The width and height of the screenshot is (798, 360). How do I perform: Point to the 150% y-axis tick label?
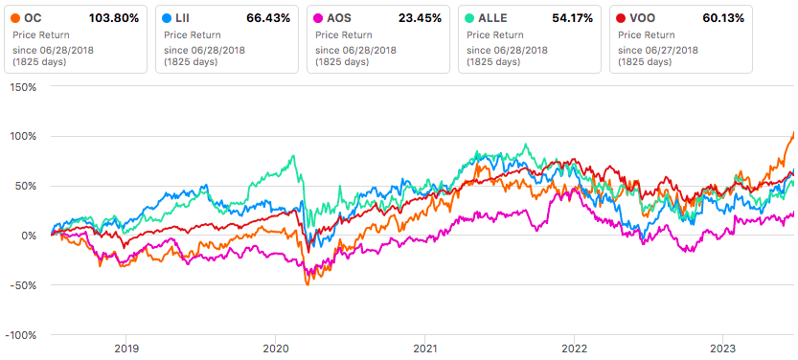click(22, 86)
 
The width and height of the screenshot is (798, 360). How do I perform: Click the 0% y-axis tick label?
click(28, 236)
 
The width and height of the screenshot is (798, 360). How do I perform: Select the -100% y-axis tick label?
click(20, 335)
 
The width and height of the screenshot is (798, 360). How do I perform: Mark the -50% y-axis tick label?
click(23, 285)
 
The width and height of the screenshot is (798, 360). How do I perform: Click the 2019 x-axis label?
click(126, 350)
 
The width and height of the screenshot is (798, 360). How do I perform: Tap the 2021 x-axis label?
click(425, 350)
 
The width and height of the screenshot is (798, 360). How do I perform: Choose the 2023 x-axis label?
click(723, 350)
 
